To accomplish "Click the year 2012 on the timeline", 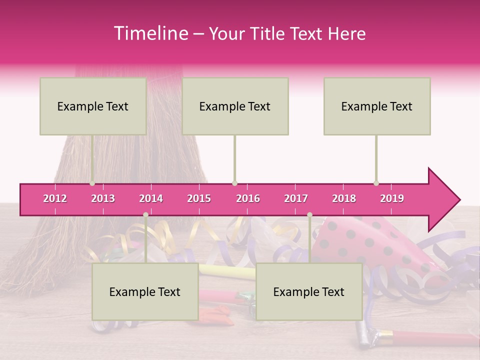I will point(55,199).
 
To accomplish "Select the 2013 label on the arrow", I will point(103,199).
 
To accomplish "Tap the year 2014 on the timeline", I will point(151,199).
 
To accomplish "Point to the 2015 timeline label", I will point(199,199).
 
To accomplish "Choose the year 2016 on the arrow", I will point(248,199).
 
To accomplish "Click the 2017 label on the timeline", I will point(296,199).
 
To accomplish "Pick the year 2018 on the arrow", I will point(344,199).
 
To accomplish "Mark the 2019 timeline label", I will point(392,199).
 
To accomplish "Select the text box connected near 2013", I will point(93,106).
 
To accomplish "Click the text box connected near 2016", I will point(235,106).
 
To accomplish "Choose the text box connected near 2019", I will point(377,106).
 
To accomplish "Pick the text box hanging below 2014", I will point(145,291).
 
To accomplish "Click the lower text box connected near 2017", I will point(309,291).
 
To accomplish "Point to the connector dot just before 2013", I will point(92,183).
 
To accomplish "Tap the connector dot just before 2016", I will point(234,183).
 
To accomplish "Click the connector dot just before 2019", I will point(376,183).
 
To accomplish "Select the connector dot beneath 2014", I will point(145,215).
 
